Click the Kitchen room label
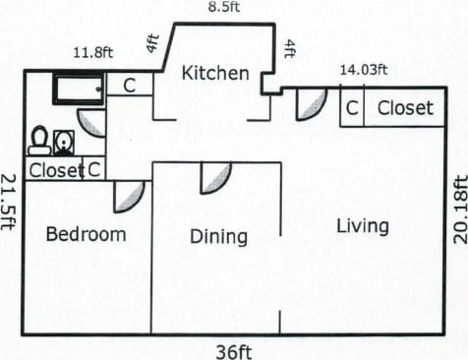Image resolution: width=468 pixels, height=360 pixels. pos(215,73)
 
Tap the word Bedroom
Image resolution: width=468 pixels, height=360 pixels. pos(86,234)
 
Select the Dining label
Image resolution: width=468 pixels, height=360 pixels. pos(218,236)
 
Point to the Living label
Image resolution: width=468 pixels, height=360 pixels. pos(362,226)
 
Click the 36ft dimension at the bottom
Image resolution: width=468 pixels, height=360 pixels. pos(234,350)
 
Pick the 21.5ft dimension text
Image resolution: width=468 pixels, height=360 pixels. pos(9,201)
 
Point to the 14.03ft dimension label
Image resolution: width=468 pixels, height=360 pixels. pos(364,69)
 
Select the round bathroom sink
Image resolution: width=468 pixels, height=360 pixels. pos(63,143)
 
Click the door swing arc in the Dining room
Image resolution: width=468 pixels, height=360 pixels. pos(216,177)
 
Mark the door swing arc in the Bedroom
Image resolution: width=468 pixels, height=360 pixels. pos(128,196)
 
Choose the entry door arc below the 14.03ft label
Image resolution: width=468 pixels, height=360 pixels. pos(310,104)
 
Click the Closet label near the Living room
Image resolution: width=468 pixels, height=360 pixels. pos(405,108)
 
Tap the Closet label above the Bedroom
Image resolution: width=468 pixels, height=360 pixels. pos(55,170)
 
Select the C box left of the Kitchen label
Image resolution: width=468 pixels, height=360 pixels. pos(129,85)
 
